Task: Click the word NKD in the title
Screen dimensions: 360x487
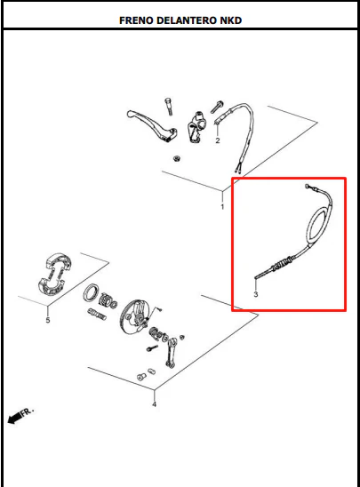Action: tap(231, 20)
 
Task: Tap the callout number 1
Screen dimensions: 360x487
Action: tap(222, 206)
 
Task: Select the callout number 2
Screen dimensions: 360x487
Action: tap(218, 140)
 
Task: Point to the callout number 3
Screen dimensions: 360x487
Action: tap(256, 294)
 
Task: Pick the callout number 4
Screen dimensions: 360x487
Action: tap(154, 404)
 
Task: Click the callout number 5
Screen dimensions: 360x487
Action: tap(48, 320)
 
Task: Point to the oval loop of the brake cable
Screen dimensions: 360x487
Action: tap(318, 226)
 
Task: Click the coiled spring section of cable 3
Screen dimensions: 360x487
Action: tap(282, 264)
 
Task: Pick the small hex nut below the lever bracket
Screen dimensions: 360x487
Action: tap(177, 159)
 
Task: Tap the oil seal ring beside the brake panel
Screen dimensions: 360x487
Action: tap(92, 293)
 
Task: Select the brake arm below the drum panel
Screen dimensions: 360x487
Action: tap(171, 353)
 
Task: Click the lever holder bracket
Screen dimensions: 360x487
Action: tap(196, 127)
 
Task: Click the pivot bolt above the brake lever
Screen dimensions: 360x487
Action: tap(169, 107)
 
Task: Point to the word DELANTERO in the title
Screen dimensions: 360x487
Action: tap(187, 20)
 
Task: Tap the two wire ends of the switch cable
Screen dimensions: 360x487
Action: tap(238, 168)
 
